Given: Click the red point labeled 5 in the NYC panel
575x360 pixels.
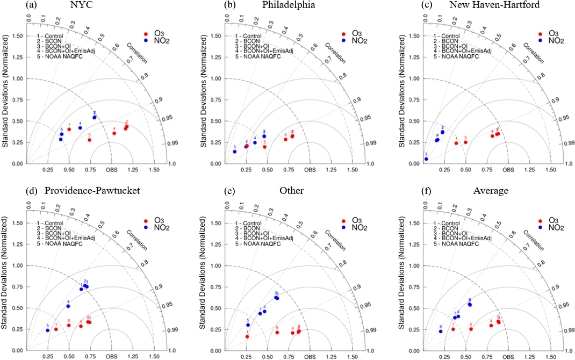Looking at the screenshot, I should point(89,140).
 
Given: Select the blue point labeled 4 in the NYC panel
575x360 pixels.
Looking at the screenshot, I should point(80,128).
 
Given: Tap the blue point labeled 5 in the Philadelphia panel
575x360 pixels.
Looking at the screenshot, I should point(235,152).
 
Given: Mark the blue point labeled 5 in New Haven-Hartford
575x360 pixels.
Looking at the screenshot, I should point(426,159).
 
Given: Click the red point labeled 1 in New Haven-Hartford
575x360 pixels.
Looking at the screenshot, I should point(456,143).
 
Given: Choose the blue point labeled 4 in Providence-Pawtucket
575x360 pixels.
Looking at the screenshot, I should point(68,306).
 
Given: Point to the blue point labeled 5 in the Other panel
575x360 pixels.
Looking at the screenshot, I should point(248,325).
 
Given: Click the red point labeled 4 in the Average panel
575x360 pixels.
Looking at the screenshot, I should point(491,326).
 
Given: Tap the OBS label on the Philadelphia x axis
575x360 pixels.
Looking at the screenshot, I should point(310,170).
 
